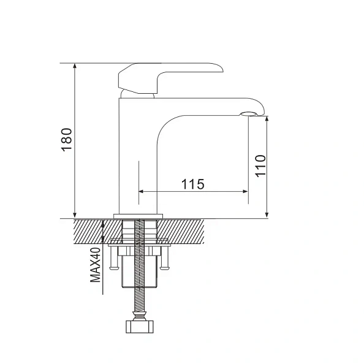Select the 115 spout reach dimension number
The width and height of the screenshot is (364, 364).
tap(192, 183)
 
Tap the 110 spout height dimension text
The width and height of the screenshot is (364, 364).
tap(260, 166)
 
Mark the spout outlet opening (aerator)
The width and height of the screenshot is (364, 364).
tap(249, 113)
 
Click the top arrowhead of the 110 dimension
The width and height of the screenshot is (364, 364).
tap(267, 120)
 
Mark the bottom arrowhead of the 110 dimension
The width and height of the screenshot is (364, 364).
tap(267, 214)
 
